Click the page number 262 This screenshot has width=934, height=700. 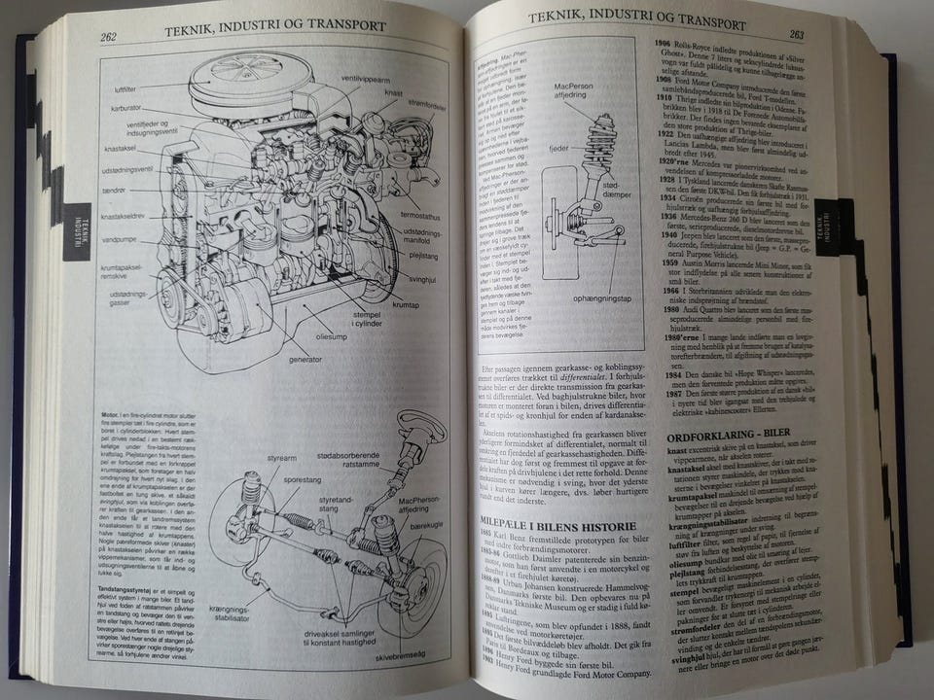(108, 38)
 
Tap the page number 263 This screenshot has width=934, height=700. (796, 34)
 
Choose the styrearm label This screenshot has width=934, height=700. (256, 456)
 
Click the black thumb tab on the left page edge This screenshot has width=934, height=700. (77, 229)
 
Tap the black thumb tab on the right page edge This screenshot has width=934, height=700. (835, 227)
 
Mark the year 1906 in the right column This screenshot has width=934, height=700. (662, 45)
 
